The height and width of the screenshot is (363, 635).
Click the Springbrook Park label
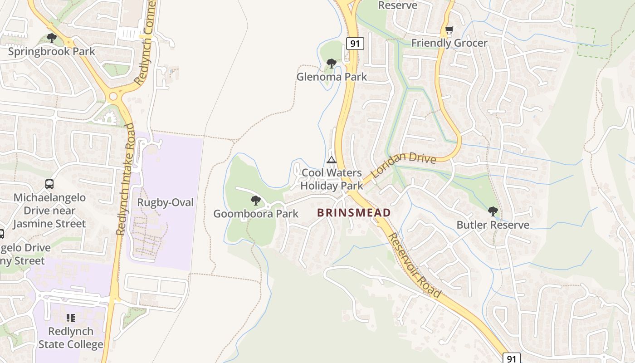[x=52, y=51]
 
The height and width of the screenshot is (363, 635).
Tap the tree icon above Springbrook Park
[x=52, y=38]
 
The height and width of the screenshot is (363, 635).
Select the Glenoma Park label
[x=332, y=77]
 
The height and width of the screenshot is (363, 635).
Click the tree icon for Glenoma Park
[x=332, y=64]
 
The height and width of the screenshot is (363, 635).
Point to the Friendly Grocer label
[x=449, y=43]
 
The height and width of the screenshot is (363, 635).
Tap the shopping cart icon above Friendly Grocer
[x=449, y=30]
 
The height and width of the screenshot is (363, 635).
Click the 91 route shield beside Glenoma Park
[x=355, y=44]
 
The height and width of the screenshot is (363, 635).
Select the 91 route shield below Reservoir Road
[x=512, y=358]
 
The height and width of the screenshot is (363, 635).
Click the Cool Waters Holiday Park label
[x=332, y=179]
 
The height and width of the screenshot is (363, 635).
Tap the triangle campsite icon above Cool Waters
[x=332, y=160]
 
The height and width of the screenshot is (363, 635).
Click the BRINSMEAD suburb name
[x=354, y=212]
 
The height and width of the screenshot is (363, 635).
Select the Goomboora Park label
[x=256, y=214]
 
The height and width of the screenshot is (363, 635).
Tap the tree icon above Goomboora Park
[x=256, y=201]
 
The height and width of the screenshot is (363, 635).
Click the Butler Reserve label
[x=493, y=225]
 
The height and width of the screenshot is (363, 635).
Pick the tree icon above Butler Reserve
[x=493, y=211]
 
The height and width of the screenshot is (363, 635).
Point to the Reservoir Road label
[x=414, y=265]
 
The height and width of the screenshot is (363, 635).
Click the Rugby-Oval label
[x=165, y=202]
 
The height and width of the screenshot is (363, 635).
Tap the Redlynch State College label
[x=70, y=338]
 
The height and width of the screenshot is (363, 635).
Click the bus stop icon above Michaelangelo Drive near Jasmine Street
[x=49, y=184]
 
